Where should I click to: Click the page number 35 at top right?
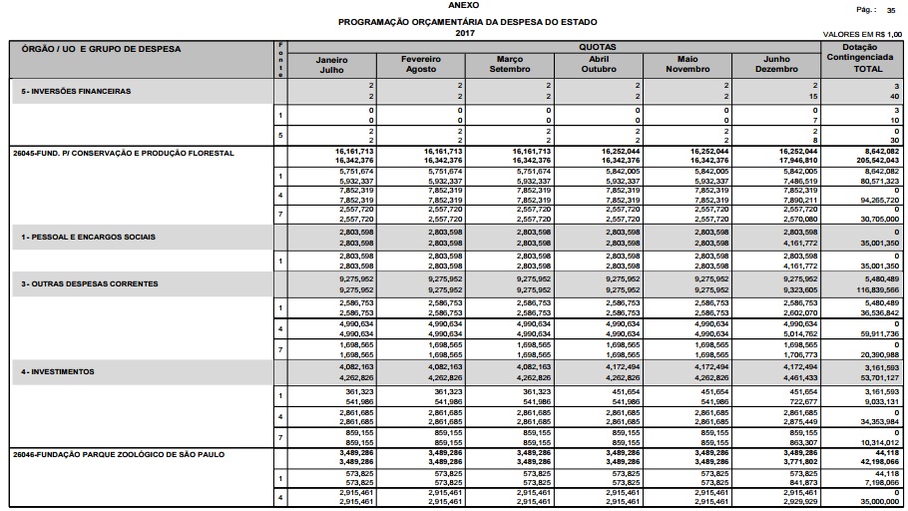(x=891, y=9)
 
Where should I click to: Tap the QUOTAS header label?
(x=597, y=47)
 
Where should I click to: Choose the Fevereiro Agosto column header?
(x=420, y=65)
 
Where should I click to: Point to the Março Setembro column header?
(x=509, y=65)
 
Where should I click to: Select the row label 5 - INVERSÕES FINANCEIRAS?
(x=77, y=91)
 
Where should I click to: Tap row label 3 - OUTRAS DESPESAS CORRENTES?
(x=90, y=284)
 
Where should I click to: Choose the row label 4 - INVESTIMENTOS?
(x=58, y=371)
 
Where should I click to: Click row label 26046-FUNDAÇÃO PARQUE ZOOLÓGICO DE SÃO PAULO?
(x=119, y=454)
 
